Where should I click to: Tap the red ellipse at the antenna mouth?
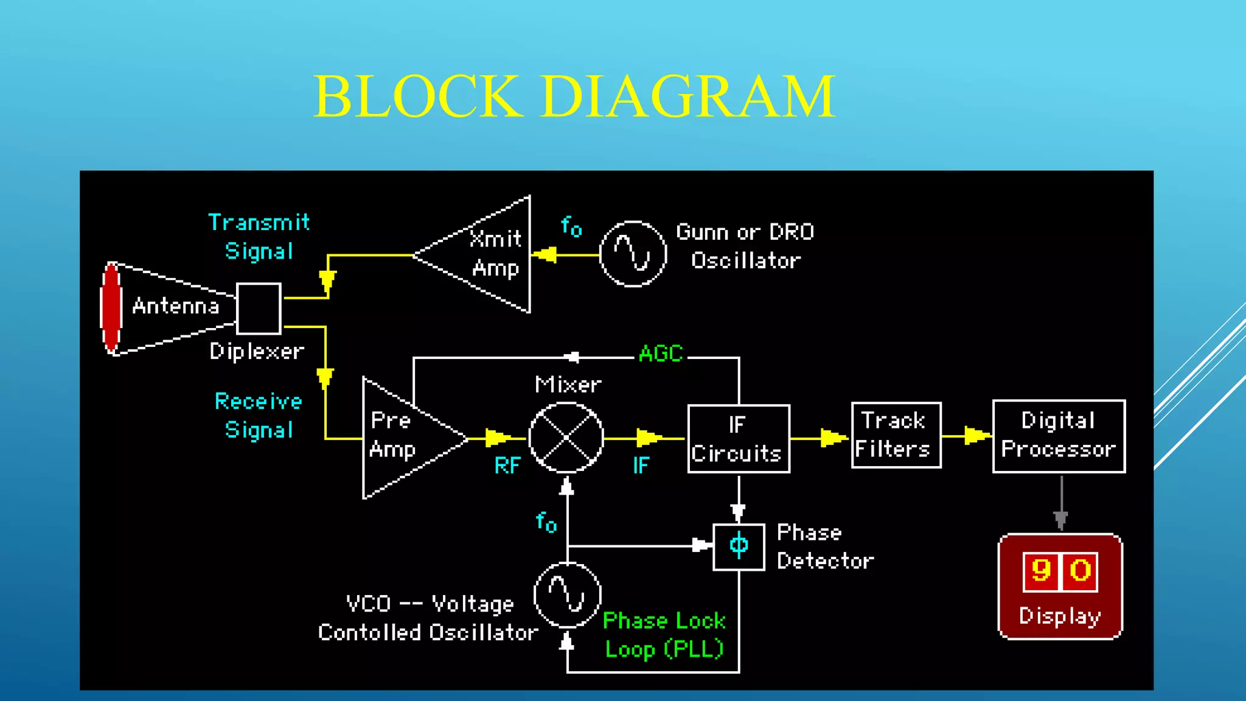click(111, 309)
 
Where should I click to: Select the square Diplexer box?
click(259, 309)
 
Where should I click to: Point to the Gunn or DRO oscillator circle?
click(633, 254)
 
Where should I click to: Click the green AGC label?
click(661, 354)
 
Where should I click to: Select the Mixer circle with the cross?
click(566, 438)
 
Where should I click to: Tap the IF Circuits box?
click(739, 439)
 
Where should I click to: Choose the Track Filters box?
click(896, 435)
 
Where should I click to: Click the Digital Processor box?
click(1059, 436)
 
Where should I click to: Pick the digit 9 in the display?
click(1041, 571)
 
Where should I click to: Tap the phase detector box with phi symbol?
click(739, 546)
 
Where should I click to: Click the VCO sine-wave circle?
click(567, 595)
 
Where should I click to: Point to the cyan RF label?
click(507, 466)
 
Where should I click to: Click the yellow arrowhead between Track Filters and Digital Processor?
click(976, 436)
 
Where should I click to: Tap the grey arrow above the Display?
click(1061, 517)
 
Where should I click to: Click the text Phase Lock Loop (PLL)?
click(664, 635)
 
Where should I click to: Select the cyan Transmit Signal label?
click(259, 237)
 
